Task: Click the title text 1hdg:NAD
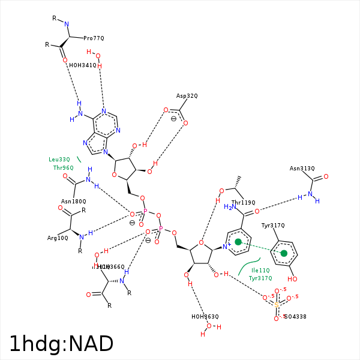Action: point(61,344)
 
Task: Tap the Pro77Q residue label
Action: point(94,38)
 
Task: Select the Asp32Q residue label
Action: point(187,95)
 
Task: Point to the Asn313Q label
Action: point(302,169)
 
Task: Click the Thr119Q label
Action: point(243,203)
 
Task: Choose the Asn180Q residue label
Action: point(74,202)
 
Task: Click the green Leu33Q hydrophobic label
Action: point(59,160)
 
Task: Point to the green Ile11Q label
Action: point(260,271)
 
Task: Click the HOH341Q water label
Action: point(82,65)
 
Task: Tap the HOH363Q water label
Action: point(205,316)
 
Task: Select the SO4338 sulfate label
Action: point(295,316)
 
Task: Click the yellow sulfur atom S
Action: point(277,305)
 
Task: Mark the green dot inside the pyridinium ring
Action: point(238,242)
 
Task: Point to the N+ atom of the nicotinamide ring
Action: point(227,247)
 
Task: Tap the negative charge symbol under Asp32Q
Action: point(174,119)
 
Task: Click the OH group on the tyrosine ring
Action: point(293,279)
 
